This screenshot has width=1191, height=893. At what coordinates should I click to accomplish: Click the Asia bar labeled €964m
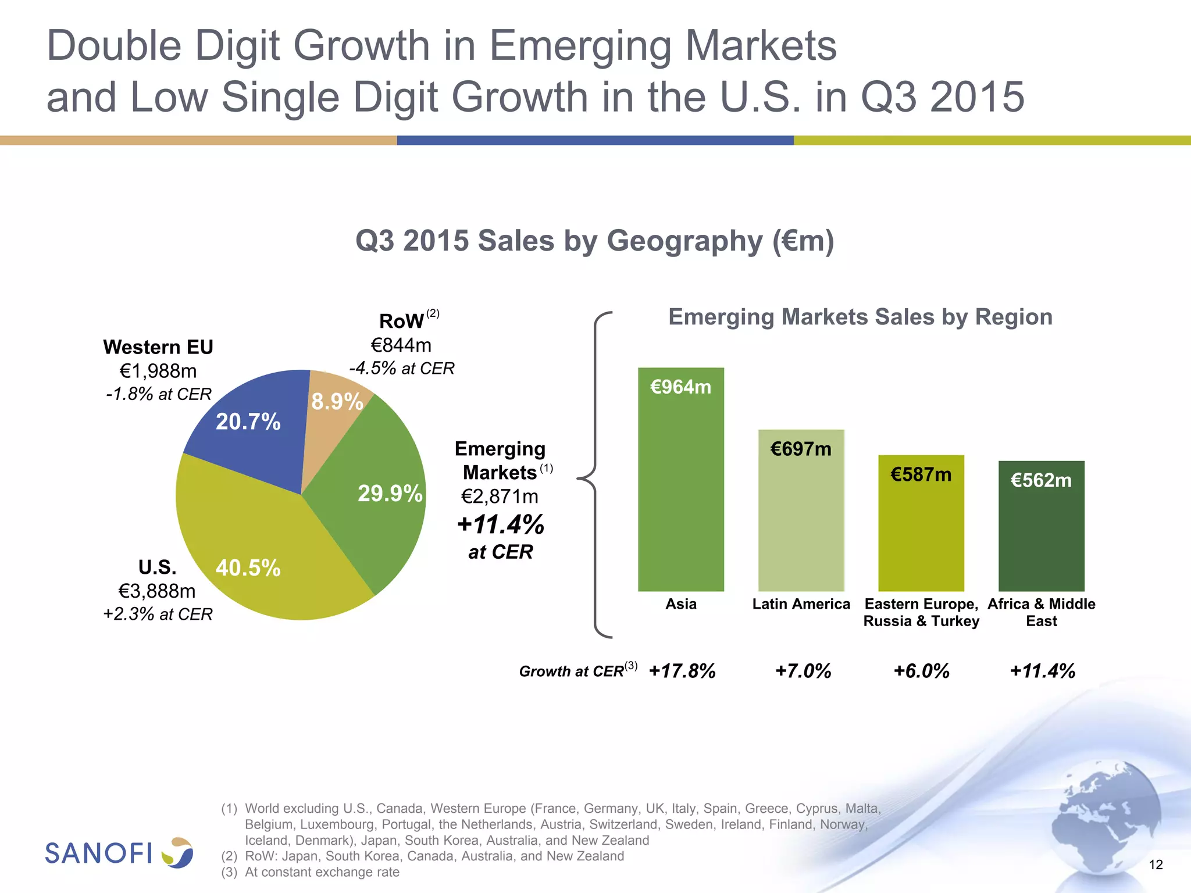pyautogui.click(x=681, y=483)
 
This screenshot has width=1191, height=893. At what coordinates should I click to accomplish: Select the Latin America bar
pyautogui.click(x=801, y=512)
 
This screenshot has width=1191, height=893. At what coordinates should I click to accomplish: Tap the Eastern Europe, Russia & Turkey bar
pyautogui.click(x=921, y=523)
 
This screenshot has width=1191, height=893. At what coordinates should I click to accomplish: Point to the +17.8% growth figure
pyautogui.click(x=682, y=671)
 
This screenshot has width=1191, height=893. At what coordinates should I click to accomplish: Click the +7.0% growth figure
pyautogui.click(x=803, y=671)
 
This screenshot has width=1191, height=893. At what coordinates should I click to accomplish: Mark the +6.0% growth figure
pyautogui.click(x=921, y=671)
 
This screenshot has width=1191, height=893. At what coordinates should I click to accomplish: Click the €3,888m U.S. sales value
pyautogui.click(x=157, y=591)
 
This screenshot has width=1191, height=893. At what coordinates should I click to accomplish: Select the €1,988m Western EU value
pyautogui.click(x=158, y=371)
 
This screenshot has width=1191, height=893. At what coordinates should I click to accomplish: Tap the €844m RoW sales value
pyautogui.click(x=401, y=345)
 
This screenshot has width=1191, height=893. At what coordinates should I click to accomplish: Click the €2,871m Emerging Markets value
pyautogui.click(x=500, y=496)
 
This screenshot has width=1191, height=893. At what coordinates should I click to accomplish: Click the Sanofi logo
pyautogui.click(x=119, y=853)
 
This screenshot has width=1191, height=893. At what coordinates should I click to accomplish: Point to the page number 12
pyautogui.click(x=1156, y=865)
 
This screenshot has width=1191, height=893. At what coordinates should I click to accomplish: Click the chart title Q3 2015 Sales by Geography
pyautogui.click(x=594, y=241)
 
